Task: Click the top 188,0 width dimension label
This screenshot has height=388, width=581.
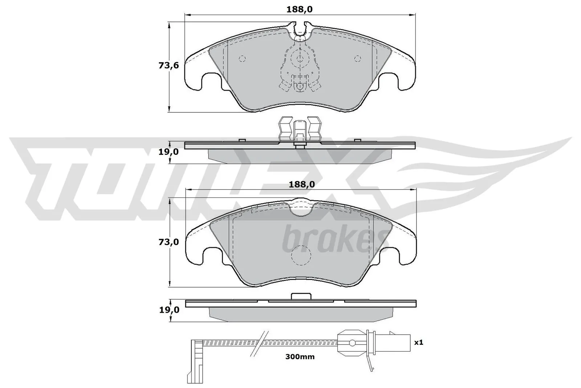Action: coord(299,10)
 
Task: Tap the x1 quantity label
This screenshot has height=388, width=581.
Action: coord(419,342)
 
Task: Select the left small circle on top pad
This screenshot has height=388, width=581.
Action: coord(242,59)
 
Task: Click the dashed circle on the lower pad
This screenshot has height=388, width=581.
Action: coord(301,255)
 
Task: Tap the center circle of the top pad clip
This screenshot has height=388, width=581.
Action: coord(300,58)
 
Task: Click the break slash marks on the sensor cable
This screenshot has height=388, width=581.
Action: coord(261,342)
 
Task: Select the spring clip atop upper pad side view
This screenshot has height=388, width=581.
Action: coord(300,129)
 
